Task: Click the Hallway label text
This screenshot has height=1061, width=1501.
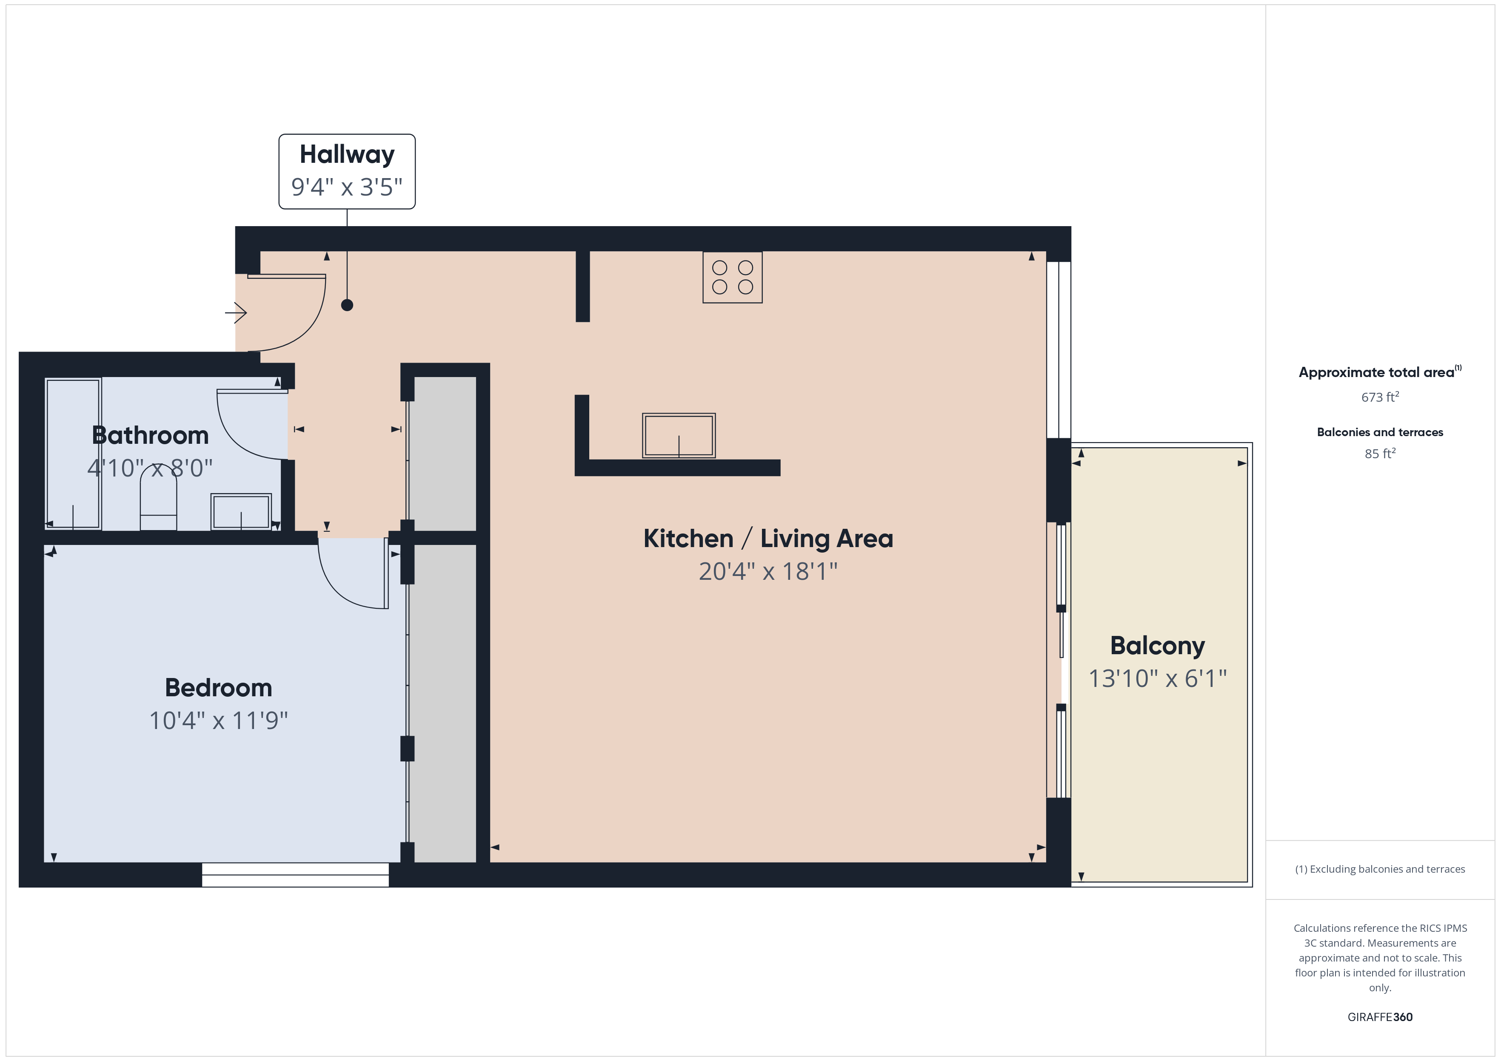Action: coord(347,155)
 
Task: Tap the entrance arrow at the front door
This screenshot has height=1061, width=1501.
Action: coord(236,313)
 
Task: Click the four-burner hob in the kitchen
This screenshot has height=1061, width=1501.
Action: coord(732,277)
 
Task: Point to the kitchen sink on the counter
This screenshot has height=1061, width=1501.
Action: coord(679,435)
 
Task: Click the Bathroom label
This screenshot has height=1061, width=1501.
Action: coord(150,435)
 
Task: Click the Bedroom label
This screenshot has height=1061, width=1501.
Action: coord(218,688)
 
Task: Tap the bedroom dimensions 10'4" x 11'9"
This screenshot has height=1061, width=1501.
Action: coord(218,721)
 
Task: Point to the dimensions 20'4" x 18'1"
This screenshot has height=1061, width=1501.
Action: coord(768,572)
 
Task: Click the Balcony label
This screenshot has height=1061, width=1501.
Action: coord(1158,646)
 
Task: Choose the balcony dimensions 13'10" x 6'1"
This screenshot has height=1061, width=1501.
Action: coord(1158,679)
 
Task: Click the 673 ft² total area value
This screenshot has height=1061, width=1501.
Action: coord(1380,397)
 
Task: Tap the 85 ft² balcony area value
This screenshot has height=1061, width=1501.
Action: coord(1380,454)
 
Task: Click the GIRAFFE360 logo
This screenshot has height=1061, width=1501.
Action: coord(1380,1017)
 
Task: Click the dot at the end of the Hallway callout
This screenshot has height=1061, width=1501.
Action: coord(347,305)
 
